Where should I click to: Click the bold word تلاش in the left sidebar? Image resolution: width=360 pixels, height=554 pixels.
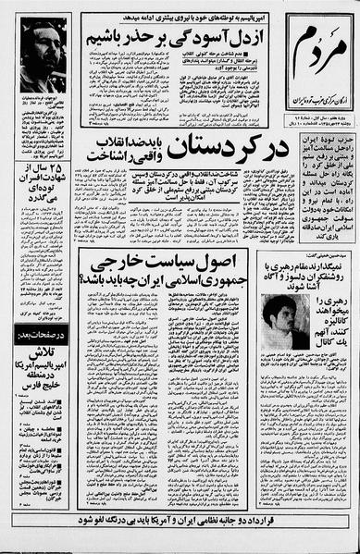pos(44,381)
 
